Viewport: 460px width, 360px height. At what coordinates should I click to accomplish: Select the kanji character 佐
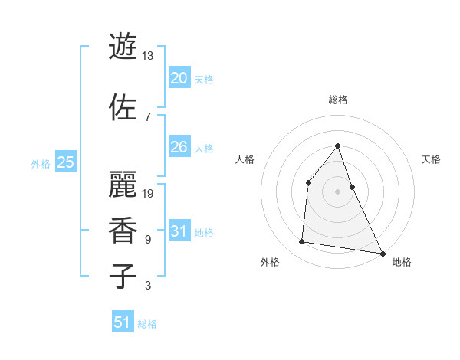[x=123, y=106]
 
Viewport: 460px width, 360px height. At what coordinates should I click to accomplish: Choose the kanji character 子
[x=123, y=276]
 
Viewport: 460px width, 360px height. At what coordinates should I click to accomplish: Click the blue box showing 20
[x=179, y=78]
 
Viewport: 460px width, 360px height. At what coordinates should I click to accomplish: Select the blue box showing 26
[x=179, y=147]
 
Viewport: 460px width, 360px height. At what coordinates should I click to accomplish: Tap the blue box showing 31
[x=179, y=231]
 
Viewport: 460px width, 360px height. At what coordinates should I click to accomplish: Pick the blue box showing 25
[x=66, y=162]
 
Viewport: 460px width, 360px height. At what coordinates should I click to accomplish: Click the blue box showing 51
[x=123, y=322]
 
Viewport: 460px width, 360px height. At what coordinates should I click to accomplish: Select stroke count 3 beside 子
[x=147, y=286]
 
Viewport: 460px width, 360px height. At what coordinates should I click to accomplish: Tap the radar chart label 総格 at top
[x=337, y=100]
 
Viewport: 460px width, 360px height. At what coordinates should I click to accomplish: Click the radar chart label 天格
[x=431, y=159]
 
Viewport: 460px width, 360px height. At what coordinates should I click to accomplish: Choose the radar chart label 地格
[x=402, y=262]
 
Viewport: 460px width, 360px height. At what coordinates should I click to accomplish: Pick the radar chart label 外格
[x=270, y=262]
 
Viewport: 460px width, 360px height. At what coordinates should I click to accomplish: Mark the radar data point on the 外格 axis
[x=302, y=242]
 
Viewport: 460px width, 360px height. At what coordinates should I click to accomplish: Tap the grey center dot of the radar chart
[x=337, y=191]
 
